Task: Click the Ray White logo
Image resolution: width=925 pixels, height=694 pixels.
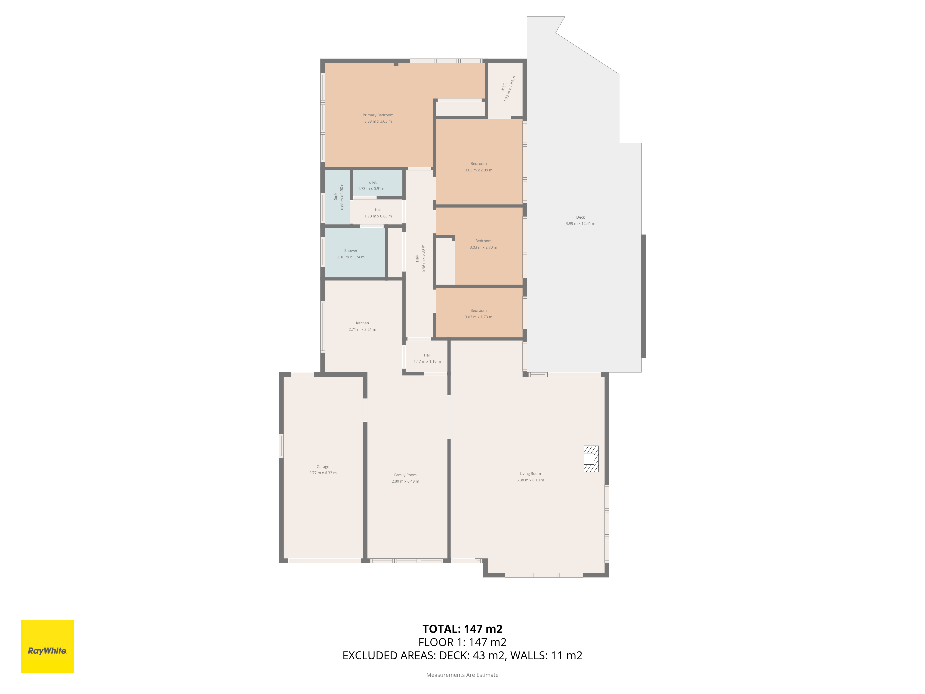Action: coord(47,646)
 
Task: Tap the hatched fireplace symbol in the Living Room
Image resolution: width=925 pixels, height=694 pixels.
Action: coord(591,459)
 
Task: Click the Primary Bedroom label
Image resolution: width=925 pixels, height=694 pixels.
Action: coord(378,115)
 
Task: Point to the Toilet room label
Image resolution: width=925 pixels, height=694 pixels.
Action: coord(372,182)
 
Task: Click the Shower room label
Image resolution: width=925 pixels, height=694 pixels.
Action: coord(351,251)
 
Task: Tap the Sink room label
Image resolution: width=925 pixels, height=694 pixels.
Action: coord(335,196)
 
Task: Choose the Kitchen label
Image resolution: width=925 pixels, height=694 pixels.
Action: coord(363,323)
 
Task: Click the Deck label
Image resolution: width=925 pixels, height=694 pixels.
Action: coord(580,217)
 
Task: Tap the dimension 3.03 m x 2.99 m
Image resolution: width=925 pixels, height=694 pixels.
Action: coord(478,170)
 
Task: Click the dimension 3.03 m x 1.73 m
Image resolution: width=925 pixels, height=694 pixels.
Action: coord(478,317)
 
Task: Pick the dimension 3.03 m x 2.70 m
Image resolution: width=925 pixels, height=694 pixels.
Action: coord(483,247)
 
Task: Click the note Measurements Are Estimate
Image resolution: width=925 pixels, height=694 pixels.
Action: coord(462,675)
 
